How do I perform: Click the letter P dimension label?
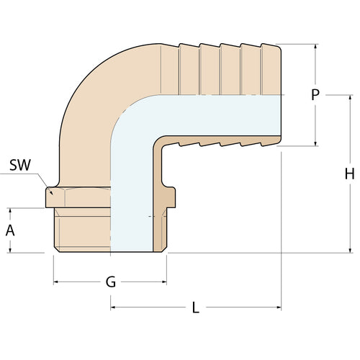click(315, 95)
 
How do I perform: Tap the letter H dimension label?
click(350, 174)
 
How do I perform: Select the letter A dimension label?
click(10, 230)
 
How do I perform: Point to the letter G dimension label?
click(110, 282)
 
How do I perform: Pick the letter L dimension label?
click(195, 307)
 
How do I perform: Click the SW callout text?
click(21, 165)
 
